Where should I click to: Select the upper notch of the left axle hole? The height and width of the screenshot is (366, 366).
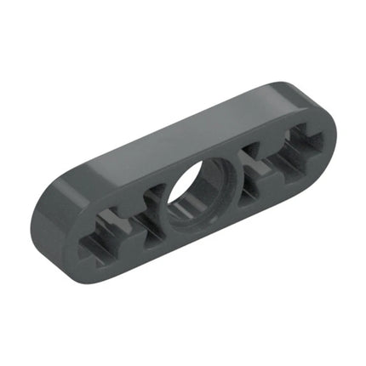click(115, 213)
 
